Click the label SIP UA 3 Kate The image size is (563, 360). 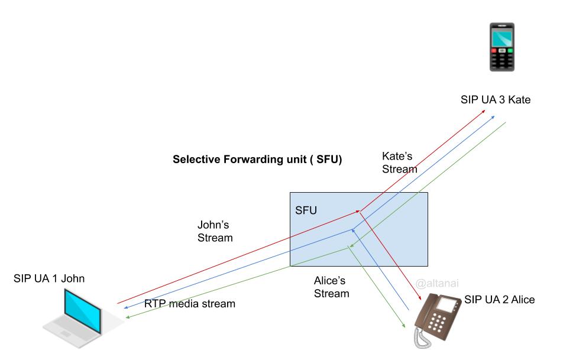coord(495,100)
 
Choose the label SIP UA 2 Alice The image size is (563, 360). coord(499,300)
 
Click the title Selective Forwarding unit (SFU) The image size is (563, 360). coord(257,160)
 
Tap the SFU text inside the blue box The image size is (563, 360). coord(306,209)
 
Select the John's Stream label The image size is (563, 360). coord(215,232)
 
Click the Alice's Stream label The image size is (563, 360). coord(331,287)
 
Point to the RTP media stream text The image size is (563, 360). coord(190,304)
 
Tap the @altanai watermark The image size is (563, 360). coord(438,284)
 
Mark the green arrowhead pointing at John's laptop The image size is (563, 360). coord(126,318)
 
